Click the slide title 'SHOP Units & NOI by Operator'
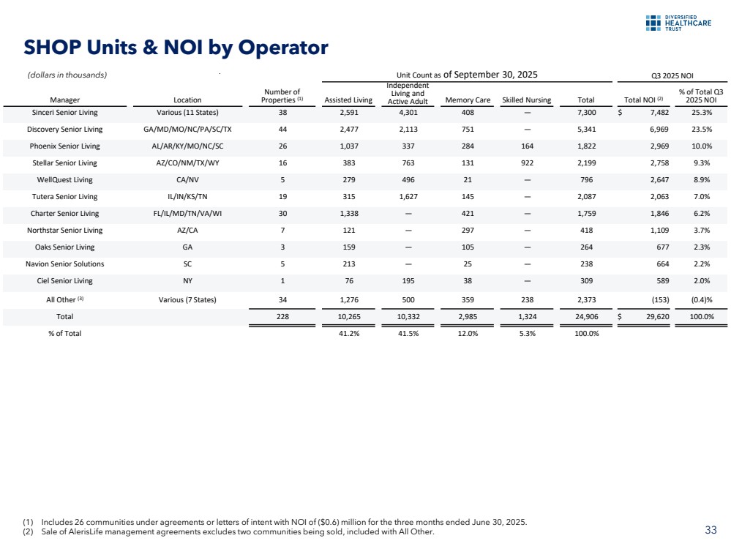coord(176,48)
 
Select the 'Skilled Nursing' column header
coord(527,100)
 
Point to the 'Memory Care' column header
coord(468,100)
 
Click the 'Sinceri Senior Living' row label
coord(68,113)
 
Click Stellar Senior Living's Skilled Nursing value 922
coord(527,163)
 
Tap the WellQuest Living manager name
coord(68,180)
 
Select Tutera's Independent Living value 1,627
coord(408,197)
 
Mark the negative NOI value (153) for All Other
coord(657,298)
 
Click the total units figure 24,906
coord(585,317)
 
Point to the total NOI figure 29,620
coord(653,317)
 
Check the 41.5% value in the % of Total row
coord(408,334)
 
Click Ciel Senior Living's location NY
coord(188,281)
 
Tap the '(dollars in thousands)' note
coord(67,75)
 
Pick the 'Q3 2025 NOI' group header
coord(672,75)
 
